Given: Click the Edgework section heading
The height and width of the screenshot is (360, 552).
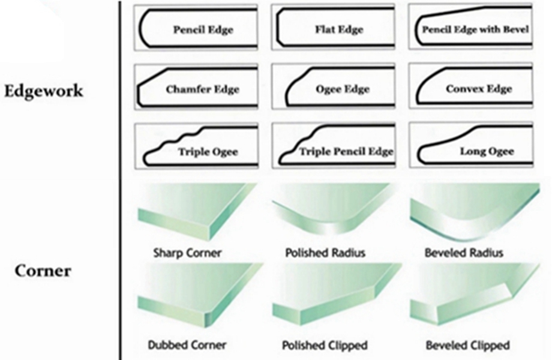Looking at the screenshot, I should point(43,92).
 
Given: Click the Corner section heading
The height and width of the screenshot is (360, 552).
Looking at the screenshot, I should point(43,271).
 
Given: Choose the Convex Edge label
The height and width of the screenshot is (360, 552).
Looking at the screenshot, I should point(479,89).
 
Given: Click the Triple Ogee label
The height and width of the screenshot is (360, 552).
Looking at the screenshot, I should point(208,152).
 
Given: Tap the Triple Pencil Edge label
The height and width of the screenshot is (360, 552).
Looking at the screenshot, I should point(346,152).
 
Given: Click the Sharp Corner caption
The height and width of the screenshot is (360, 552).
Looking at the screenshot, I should point(187,253).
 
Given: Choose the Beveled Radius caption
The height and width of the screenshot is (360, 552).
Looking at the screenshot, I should point(463,253).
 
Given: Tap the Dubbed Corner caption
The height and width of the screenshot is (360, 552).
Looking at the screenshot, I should point(187,345).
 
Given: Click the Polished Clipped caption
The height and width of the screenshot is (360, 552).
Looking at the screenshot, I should point(325,345).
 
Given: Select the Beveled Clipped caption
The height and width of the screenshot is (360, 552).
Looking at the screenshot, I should point(467,345).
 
